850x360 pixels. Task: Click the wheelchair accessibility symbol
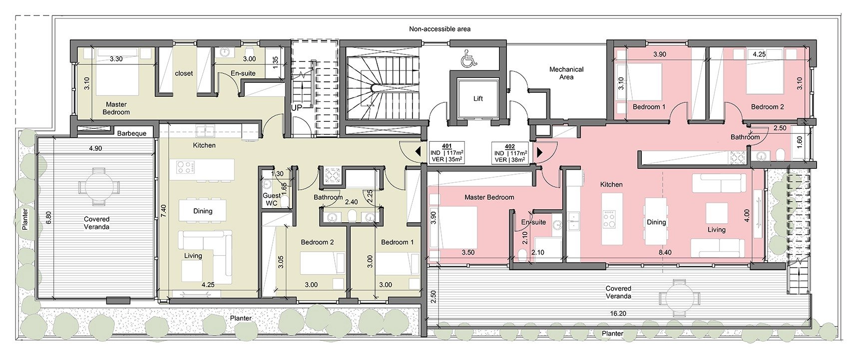click(468, 59)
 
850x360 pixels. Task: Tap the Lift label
click(478, 99)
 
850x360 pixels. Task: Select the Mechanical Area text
click(566, 73)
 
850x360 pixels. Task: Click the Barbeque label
click(132, 133)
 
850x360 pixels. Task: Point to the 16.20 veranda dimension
click(618, 314)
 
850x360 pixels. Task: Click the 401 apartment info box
click(446, 153)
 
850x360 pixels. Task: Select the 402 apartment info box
click(509, 153)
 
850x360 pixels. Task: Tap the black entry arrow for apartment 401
click(418, 152)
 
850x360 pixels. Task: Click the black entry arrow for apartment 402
click(539, 152)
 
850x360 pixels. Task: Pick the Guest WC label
click(272, 199)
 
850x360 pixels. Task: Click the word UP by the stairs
click(296, 108)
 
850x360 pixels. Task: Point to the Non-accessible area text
click(439, 29)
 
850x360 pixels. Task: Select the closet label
click(184, 73)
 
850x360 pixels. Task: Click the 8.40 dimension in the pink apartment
click(665, 252)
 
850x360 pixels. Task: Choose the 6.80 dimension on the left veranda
click(48, 219)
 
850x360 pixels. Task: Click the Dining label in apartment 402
click(656, 222)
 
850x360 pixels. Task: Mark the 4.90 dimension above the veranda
click(95, 148)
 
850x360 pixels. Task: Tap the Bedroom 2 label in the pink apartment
click(767, 107)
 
